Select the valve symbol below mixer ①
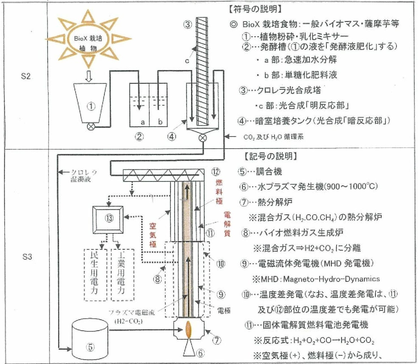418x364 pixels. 91,127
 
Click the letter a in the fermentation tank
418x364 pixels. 143,122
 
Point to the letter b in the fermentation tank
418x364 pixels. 160,122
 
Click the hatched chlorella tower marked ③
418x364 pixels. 202,71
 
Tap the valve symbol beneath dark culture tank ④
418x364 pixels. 202,138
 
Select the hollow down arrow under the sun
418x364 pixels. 89,77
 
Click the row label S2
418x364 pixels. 26,76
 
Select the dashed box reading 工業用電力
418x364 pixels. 122,275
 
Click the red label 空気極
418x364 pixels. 153,235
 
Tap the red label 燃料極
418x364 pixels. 219,192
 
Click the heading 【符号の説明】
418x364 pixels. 255,10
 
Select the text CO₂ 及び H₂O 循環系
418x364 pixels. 273,137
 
